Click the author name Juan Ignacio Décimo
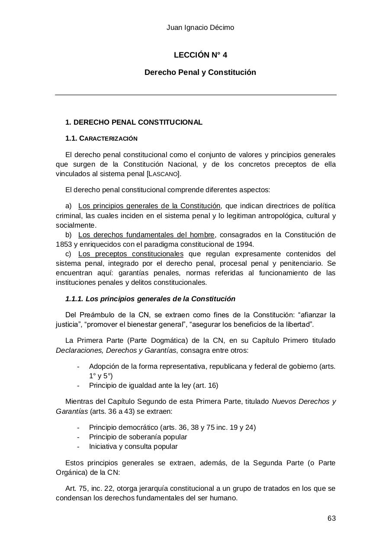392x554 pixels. [200, 28]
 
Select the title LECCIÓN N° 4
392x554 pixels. [200, 55]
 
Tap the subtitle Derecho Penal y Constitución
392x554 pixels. [200, 72]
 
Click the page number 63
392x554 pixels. [331, 519]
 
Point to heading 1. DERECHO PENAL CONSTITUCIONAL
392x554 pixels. [134, 122]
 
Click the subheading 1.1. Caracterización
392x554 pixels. [101, 138]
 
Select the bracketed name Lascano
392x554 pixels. [164, 174]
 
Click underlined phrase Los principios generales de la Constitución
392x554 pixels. [149, 206]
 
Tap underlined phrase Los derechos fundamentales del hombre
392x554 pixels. [146, 235]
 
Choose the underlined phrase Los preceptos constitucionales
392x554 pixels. [131, 254]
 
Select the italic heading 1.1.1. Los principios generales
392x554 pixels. [150, 299]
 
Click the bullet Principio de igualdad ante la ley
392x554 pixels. [154, 385]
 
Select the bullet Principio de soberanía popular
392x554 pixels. [138, 437]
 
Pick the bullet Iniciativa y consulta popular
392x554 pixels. [133, 446]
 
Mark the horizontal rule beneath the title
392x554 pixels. [196, 94]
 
